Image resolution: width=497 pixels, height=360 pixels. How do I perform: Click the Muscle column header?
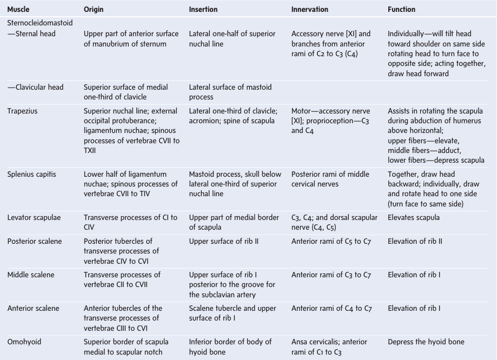coord(18,9)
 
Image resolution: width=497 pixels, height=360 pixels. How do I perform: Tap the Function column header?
coord(401,9)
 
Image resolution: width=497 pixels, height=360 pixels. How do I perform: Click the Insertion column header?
coord(203,9)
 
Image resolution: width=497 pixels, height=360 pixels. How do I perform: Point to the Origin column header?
coord(94,9)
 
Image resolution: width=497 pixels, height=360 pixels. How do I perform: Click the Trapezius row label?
coord(22,111)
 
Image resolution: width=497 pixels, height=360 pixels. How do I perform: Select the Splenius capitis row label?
coord(31,174)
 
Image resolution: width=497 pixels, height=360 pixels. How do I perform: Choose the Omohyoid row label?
coord(24,342)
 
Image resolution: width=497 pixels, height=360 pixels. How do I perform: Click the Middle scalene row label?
coord(31,275)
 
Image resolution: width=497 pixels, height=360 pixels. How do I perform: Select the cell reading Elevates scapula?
coord(414,217)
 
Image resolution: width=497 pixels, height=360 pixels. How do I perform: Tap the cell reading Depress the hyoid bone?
coord(426,342)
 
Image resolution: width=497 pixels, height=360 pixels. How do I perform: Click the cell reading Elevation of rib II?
coord(415,241)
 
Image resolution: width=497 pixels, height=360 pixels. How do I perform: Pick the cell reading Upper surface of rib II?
coord(223,241)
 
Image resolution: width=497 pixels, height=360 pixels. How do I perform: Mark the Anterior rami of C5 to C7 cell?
coord(331,241)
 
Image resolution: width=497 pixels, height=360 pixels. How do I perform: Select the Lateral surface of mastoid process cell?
coord(230,92)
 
